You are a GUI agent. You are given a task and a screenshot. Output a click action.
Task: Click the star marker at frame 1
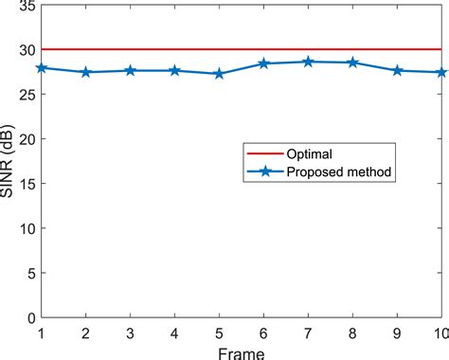point(41,68)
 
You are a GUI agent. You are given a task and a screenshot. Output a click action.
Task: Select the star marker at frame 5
point(219,74)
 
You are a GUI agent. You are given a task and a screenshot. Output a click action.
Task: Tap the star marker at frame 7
point(308,62)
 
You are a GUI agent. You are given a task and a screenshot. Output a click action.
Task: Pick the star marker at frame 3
point(130,71)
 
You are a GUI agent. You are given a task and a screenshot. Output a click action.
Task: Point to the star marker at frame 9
point(397,71)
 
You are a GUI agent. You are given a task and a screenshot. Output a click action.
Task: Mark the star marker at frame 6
point(263,63)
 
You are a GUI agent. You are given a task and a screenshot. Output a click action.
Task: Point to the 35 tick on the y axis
point(25,7)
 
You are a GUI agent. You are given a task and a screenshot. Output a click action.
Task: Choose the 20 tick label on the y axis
point(25,139)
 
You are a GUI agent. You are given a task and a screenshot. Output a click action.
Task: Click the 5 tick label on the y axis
point(29,273)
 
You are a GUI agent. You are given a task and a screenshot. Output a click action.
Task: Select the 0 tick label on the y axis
point(29,317)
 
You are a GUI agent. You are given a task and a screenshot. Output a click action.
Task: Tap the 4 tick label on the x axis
point(174,333)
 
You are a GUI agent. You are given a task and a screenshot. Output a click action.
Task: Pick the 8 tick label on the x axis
point(352,333)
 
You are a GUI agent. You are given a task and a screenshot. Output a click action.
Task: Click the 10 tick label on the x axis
point(440,333)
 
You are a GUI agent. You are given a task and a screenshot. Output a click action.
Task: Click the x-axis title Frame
point(242,352)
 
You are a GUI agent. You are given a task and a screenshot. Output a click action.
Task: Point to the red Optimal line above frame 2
point(85,49)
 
